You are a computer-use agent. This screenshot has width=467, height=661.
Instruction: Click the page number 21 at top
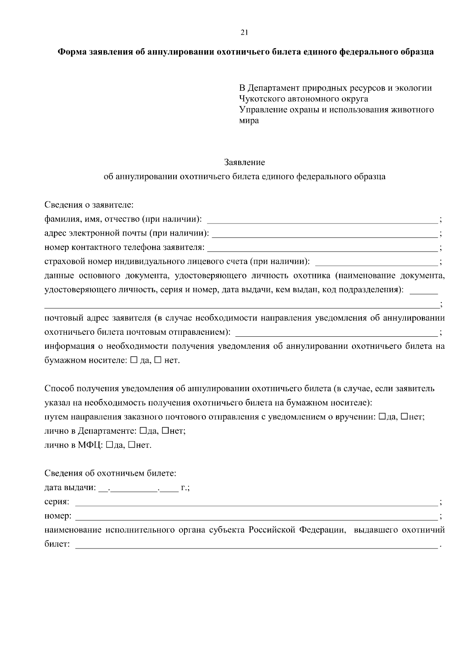coord(244,33)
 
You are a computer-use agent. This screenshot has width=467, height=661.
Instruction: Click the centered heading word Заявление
coord(244,162)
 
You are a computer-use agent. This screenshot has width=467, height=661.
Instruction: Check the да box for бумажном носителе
coord(134,360)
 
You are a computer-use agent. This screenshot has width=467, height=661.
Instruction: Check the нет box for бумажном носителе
coord(158,360)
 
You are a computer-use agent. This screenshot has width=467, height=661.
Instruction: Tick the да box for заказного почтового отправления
coord(382,417)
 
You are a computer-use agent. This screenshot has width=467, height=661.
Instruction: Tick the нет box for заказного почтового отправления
coord(404,417)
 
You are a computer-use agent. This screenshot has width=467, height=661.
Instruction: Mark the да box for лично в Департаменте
coord(143,431)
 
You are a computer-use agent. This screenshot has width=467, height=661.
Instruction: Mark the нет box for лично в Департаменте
coord(165,431)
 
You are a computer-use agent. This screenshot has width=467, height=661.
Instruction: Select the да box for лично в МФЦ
coord(109,445)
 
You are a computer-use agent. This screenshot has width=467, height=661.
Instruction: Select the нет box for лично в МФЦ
coord(131,445)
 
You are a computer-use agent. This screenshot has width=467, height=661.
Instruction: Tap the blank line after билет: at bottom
coord(256,545)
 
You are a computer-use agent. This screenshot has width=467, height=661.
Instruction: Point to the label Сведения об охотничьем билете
coord(110,473)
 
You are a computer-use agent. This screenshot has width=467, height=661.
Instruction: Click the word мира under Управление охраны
coord(249,121)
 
